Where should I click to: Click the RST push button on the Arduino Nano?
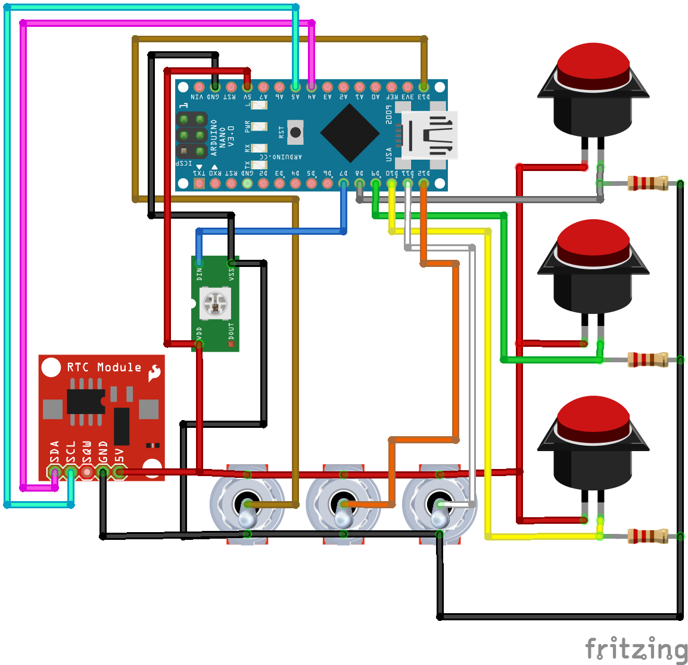click(x=295, y=132)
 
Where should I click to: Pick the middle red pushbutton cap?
click(x=593, y=241)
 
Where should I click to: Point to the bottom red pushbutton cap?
click(x=593, y=418)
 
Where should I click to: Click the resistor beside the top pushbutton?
click(x=647, y=183)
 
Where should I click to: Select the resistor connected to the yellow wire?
click(x=647, y=536)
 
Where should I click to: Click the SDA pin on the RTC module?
click(x=55, y=473)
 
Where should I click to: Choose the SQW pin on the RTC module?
click(x=87, y=473)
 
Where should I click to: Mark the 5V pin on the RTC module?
click(x=119, y=473)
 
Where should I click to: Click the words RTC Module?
click(x=104, y=367)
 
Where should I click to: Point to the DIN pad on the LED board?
click(x=199, y=263)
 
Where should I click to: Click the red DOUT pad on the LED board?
click(x=231, y=344)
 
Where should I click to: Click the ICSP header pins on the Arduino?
click(x=191, y=135)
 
